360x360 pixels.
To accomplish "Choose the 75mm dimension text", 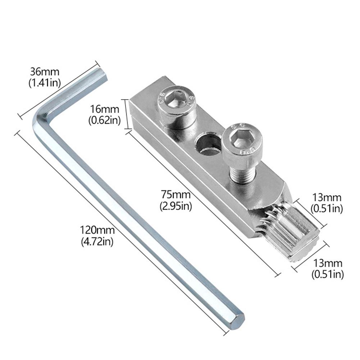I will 176,195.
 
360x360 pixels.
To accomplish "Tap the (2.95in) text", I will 176,206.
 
